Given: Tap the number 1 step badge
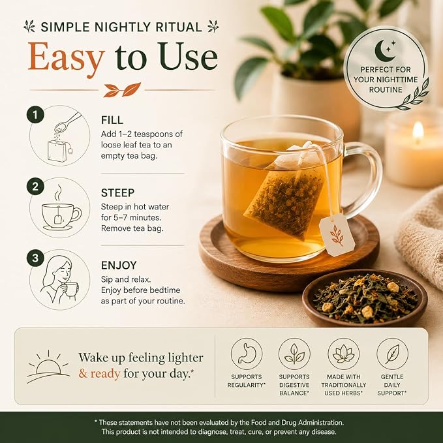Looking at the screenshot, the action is click(x=35, y=115).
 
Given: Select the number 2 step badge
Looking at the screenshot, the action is click(x=35, y=187).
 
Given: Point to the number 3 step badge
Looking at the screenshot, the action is click(x=35, y=258).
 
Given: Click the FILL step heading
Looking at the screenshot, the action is click(x=112, y=120).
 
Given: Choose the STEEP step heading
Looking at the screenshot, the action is click(x=118, y=193).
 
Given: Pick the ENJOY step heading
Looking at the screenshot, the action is click(x=119, y=266).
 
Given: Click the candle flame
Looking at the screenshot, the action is click(x=418, y=130).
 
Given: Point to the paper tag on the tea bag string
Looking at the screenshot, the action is click(x=337, y=235).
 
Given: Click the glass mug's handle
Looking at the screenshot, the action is click(x=363, y=180).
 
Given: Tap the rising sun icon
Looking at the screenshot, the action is click(x=48, y=367).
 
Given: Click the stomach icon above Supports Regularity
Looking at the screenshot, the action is click(x=247, y=354).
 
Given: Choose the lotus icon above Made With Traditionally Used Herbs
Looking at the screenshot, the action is click(x=344, y=354).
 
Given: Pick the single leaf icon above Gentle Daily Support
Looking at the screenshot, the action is click(x=392, y=354).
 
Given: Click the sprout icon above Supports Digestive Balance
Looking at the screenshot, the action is click(x=294, y=354).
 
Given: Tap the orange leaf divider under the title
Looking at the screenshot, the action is click(x=122, y=90).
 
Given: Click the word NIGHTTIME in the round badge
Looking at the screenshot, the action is click(x=399, y=80).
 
